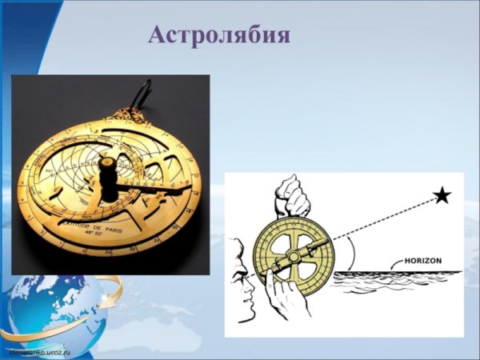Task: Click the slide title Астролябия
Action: coord(219,35)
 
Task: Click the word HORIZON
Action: coord(411,261)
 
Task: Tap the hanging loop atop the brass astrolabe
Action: coord(146,92)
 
